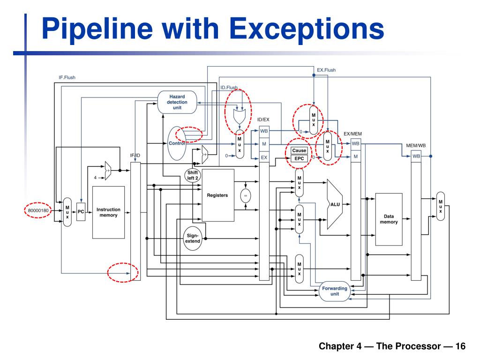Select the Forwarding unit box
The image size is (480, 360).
335,291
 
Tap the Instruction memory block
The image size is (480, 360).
108,212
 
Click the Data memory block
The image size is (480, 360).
389,219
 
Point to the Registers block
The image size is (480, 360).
217,195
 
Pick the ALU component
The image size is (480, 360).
336,204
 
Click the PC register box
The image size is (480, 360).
81,212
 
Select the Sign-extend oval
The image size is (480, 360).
192,238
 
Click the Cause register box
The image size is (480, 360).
299,150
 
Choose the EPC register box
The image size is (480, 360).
299,158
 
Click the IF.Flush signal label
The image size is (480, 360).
67,77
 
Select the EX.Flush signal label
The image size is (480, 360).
326,70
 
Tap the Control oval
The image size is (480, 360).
176,143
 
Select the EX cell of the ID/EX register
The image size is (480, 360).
264,157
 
